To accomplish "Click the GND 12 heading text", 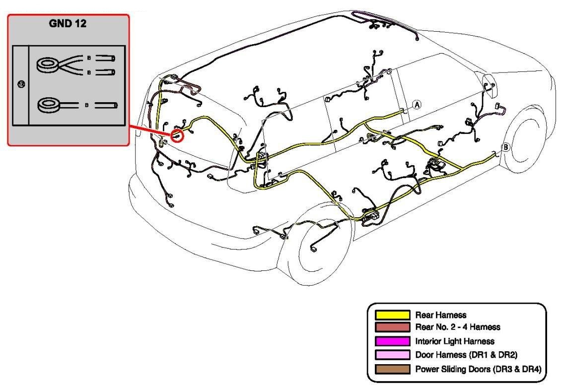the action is coord(68,24).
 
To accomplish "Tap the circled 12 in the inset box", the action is coord(21,85).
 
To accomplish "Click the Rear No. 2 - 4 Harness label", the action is coord(457,327).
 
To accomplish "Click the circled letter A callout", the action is coord(417,104).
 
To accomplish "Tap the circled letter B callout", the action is coord(505,147).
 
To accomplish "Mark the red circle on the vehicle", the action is coord(177,134).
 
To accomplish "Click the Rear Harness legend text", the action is coord(440,315).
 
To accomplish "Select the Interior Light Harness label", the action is coord(455,341).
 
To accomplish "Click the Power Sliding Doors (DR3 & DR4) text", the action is coord(478,369).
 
